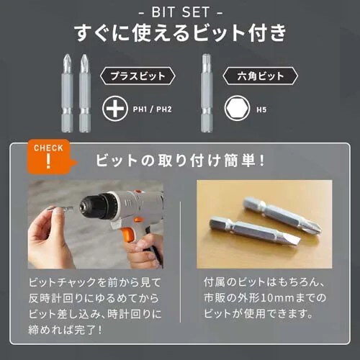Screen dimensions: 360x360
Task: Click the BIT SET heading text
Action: (180, 12)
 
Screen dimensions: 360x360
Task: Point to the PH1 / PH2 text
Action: (153, 110)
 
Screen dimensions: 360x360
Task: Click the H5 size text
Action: (261, 110)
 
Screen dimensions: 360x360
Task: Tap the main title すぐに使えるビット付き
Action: (180, 34)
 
